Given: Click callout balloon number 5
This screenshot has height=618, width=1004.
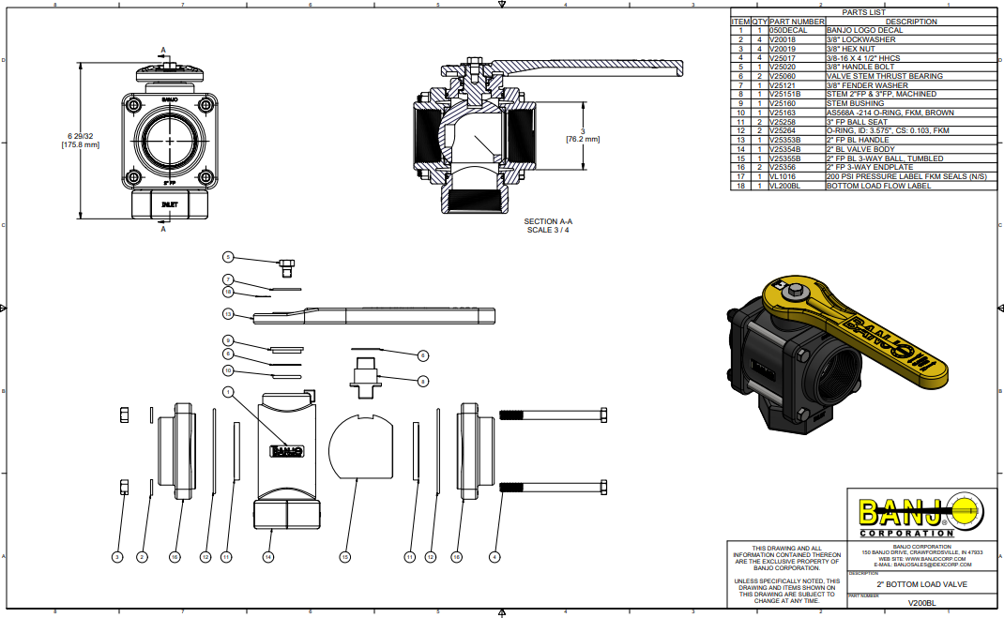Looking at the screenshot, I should (x=227, y=256).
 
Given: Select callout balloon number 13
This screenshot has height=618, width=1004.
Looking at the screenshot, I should (x=227, y=314).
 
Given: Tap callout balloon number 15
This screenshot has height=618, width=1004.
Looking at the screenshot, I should (x=344, y=557).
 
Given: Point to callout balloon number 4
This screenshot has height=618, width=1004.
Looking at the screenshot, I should (x=494, y=557).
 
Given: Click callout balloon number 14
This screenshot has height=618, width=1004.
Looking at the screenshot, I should (x=268, y=557).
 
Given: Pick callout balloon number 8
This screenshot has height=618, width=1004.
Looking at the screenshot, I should (x=423, y=381).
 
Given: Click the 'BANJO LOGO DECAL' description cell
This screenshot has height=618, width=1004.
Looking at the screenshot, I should (x=863, y=30).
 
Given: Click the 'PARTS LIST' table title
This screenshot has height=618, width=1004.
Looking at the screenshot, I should (x=863, y=13).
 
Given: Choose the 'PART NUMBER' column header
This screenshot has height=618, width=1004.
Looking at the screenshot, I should (x=797, y=22).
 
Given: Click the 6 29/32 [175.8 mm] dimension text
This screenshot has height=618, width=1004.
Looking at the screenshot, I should (x=80, y=141).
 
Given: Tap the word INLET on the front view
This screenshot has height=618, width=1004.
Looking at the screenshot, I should (x=170, y=203).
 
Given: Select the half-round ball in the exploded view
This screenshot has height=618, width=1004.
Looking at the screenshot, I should (x=364, y=445).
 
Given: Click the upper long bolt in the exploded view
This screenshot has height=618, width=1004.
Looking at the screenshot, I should (x=554, y=415).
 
